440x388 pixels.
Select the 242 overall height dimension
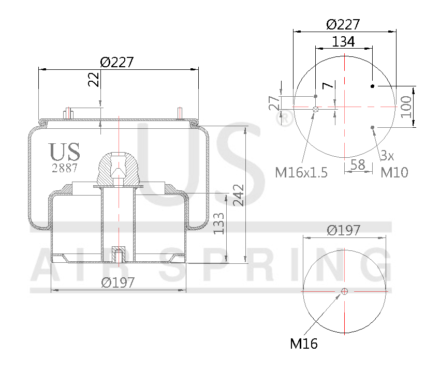point(238,195)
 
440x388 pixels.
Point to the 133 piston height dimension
point(219,223)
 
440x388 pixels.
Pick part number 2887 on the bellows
point(65,168)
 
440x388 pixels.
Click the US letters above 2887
point(65,152)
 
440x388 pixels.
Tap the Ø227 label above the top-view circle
point(343,24)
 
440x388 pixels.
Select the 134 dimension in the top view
point(343,41)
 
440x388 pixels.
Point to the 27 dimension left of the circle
point(274,103)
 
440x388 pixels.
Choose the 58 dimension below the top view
point(358,165)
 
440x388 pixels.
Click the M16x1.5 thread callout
point(301,172)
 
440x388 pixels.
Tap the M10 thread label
point(394,172)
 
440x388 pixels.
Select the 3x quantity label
point(387,155)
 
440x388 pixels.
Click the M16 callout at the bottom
point(304,343)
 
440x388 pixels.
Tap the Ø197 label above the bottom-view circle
point(344,231)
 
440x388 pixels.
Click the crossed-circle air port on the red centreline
point(316,109)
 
